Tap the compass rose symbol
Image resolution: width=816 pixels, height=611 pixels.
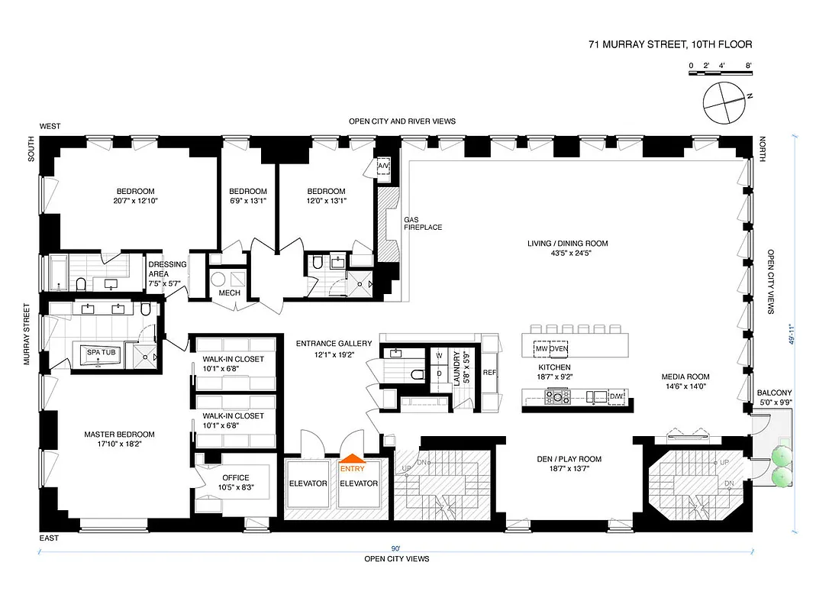(x=724, y=103)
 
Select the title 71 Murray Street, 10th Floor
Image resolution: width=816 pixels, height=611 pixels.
(x=670, y=45)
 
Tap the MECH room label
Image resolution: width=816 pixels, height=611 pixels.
(x=230, y=293)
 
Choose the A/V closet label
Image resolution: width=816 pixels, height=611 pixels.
(x=383, y=166)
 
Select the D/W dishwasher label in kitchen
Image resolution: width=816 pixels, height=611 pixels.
(x=617, y=395)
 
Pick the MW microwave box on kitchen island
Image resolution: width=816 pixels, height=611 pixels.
(x=541, y=348)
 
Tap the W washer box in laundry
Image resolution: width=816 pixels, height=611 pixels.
(x=439, y=356)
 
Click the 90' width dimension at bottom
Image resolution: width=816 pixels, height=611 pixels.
(x=396, y=548)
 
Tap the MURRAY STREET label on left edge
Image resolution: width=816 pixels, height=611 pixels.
(x=27, y=335)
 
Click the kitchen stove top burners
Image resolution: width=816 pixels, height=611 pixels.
(x=556, y=395)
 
